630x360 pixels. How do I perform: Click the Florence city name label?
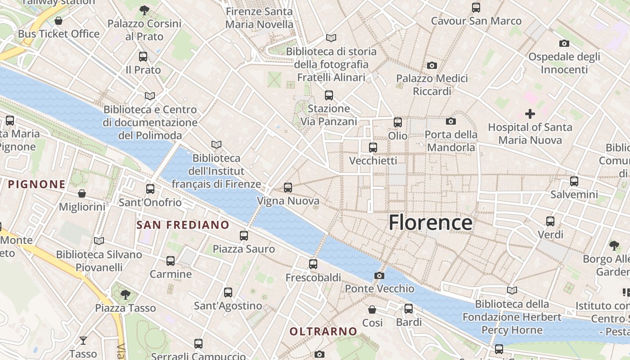(x=430, y=223)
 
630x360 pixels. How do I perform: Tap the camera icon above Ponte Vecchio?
(x=379, y=275)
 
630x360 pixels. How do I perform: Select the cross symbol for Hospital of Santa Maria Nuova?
(x=530, y=114)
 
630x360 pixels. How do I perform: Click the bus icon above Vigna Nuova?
(x=288, y=187)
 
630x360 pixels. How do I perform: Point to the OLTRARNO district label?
(x=323, y=332)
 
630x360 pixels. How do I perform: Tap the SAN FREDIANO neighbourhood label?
(x=183, y=225)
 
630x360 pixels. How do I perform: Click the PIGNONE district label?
(x=37, y=184)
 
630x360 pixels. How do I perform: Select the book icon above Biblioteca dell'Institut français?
(x=216, y=144)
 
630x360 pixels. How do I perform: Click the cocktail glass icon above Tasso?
(x=83, y=340)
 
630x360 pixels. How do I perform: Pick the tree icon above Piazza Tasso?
(x=125, y=295)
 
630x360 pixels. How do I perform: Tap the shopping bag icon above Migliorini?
(x=82, y=193)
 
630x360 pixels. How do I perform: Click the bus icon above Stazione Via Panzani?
(x=329, y=95)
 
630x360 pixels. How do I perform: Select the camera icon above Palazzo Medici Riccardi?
(x=432, y=66)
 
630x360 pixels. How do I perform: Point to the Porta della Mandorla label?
(x=451, y=141)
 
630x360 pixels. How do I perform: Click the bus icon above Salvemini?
(x=574, y=181)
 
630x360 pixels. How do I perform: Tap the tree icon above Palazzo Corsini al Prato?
(x=144, y=10)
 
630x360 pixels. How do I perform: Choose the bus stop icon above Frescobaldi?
(x=313, y=264)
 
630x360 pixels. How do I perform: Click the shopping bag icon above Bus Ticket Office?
(x=58, y=21)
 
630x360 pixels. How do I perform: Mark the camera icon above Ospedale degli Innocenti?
(x=564, y=43)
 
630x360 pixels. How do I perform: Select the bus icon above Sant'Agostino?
(x=228, y=292)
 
